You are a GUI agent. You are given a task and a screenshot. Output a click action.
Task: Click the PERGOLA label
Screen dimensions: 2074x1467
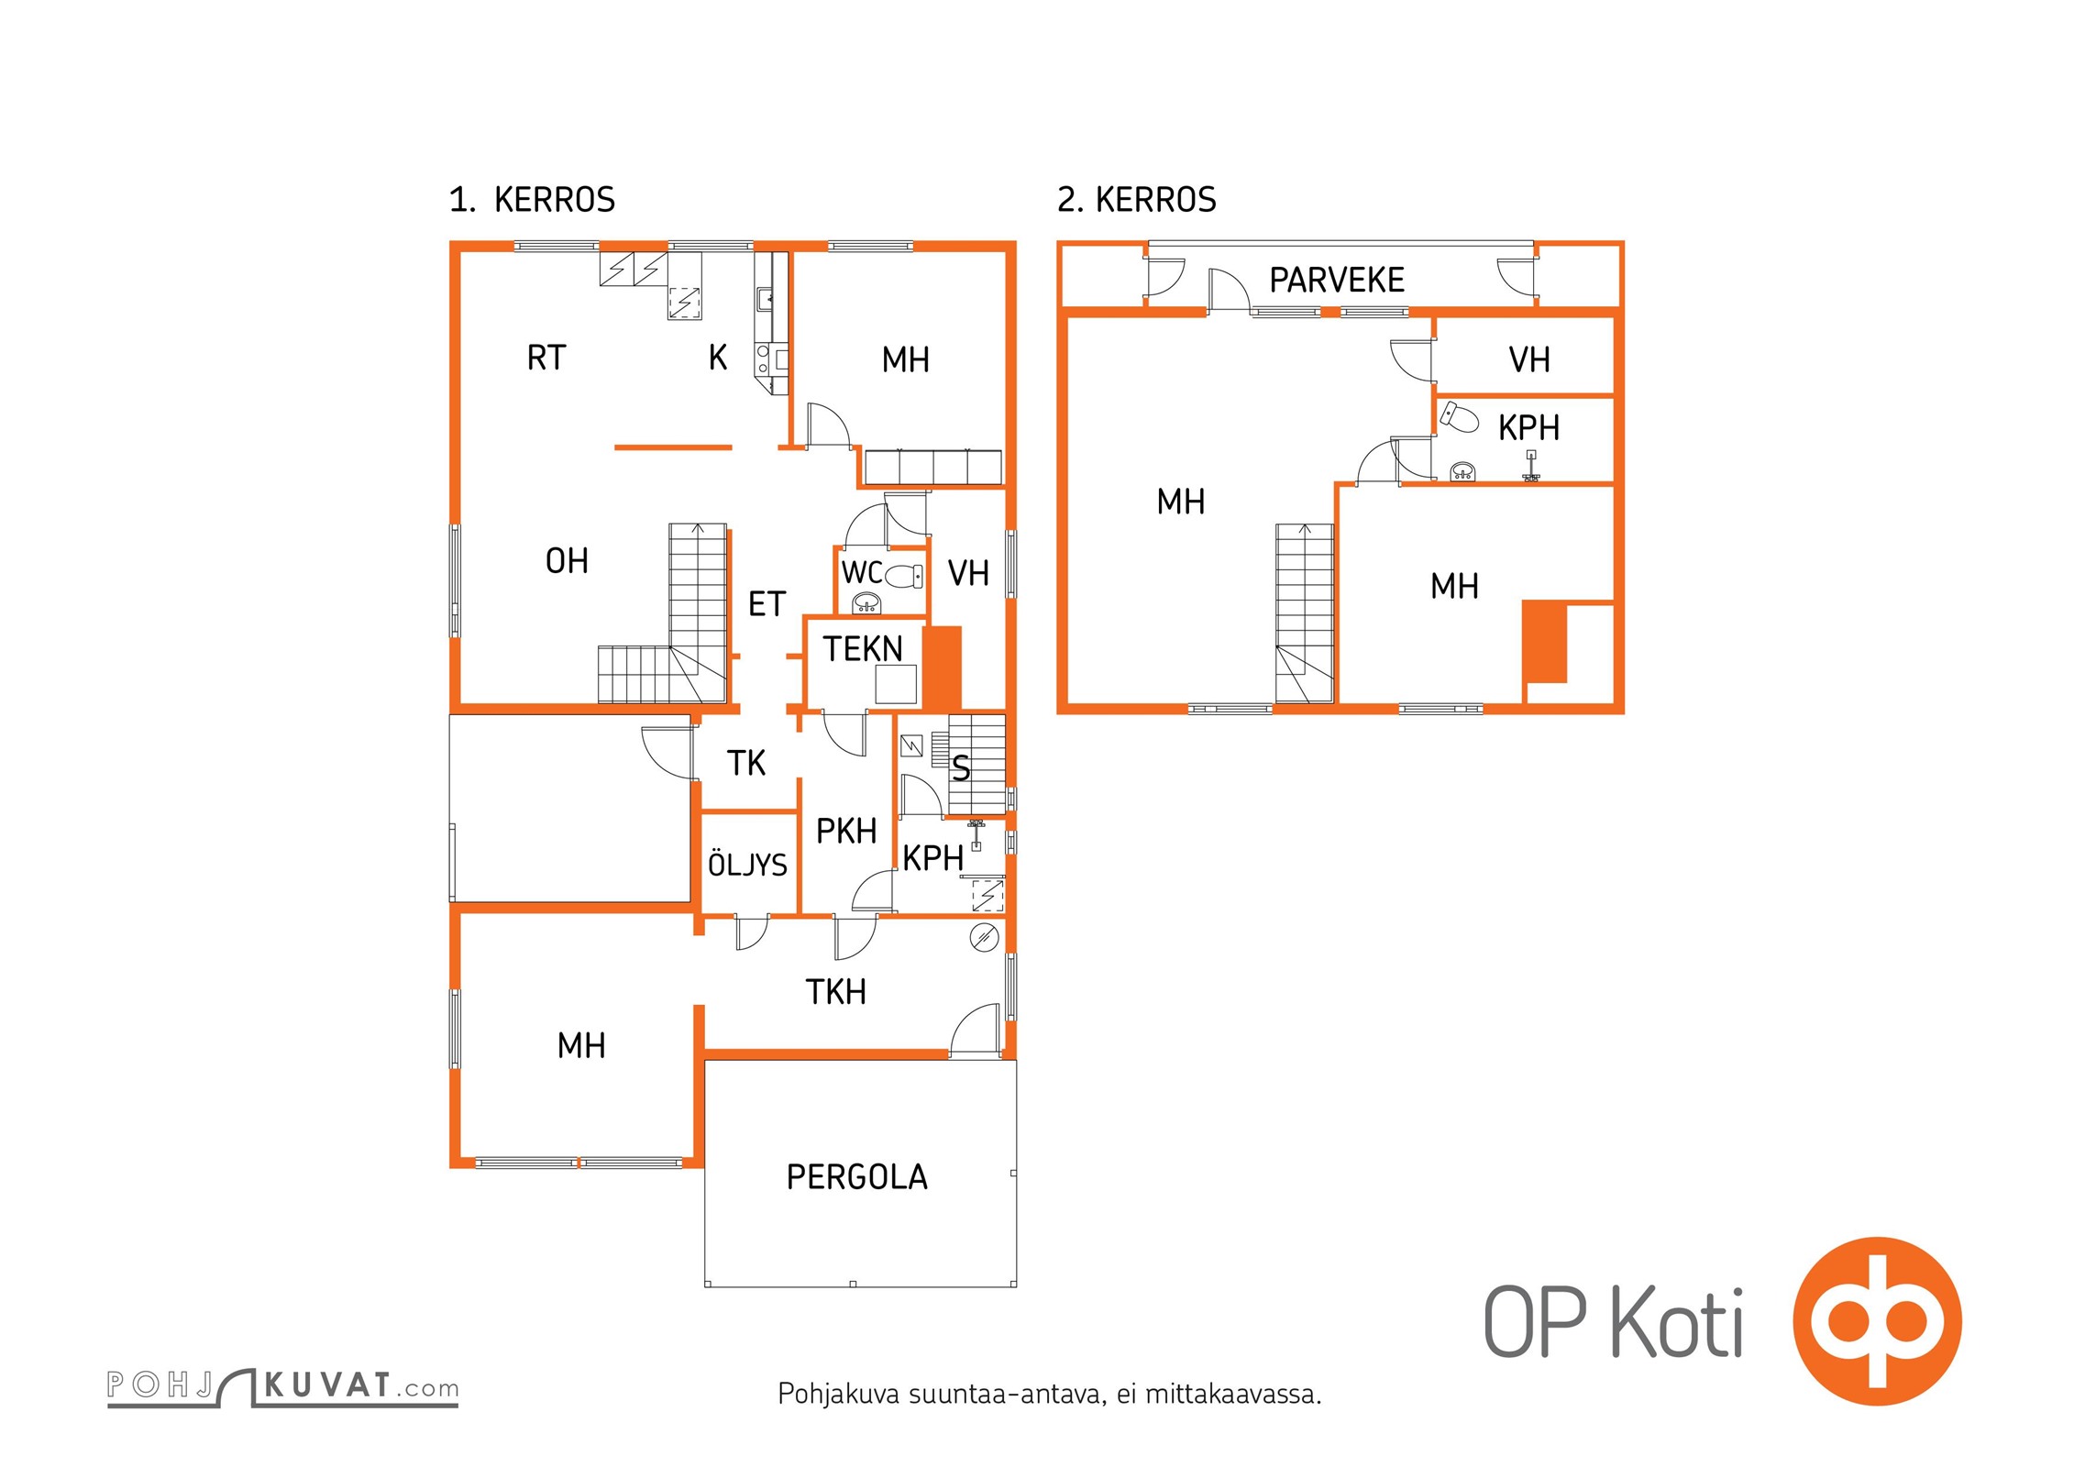pos(856,1176)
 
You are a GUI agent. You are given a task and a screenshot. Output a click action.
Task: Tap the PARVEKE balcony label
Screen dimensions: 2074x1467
pos(1336,280)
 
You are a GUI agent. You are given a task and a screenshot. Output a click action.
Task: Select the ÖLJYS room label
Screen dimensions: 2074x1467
pos(747,864)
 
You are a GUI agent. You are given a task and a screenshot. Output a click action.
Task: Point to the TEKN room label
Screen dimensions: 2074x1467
pos(862,648)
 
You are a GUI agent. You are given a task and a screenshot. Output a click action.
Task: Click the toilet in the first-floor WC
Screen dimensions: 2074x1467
pos(905,576)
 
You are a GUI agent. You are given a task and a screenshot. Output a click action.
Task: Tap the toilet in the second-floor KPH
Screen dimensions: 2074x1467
pos(1460,416)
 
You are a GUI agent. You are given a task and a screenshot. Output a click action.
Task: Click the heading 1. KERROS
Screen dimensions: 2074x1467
pos(532,199)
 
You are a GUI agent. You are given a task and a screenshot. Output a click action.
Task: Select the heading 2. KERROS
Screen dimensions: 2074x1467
pos(1137,199)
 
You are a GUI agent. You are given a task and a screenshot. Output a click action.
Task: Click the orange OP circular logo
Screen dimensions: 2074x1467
pos(1877,1320)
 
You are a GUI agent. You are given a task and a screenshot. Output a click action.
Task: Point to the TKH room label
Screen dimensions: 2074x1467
pos(835,991)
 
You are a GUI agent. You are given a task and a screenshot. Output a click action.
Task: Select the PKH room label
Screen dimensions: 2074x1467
pos(846,831)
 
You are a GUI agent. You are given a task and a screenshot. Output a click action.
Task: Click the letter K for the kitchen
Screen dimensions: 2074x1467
pos(718,357)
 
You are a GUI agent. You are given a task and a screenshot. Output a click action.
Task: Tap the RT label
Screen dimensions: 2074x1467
pos(546,357)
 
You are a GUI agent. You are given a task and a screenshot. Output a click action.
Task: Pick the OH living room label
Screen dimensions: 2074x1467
pos(567,560)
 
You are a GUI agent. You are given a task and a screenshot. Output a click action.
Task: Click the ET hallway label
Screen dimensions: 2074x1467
pos(767,603)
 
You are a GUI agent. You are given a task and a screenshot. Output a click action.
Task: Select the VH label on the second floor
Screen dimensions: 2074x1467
pos(1529,359)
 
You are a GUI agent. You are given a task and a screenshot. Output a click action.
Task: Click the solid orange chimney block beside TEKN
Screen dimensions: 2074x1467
pos(942,667)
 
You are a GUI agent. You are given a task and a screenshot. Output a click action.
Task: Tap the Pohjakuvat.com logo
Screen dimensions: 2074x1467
pos(282,1386)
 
